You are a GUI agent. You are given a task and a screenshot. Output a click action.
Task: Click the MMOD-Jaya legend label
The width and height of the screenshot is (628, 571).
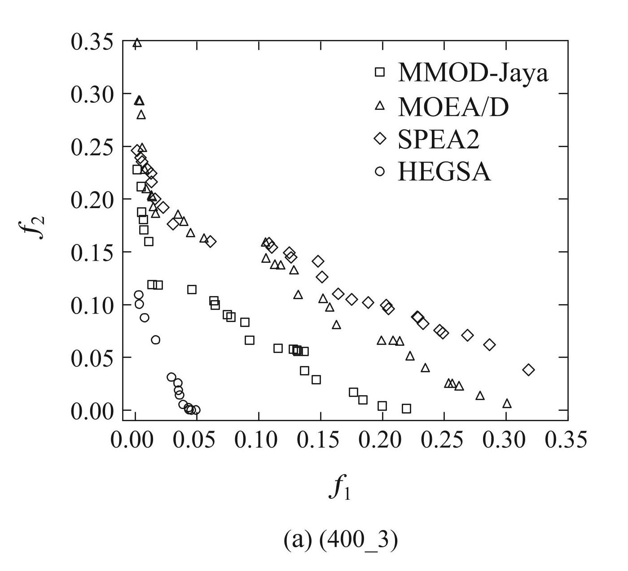[x=473, y=72]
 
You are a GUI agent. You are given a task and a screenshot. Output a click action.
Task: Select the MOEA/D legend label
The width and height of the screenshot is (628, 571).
[x=453, y=106]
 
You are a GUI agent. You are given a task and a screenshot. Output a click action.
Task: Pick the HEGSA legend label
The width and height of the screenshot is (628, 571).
[x=444, y=171]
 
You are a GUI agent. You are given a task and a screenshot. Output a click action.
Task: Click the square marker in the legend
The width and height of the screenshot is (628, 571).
[x=380, y=72]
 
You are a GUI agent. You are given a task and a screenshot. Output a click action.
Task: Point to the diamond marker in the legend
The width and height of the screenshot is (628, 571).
[x=380, y=139]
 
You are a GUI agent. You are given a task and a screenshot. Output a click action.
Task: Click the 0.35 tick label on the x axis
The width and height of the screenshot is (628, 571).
[x=567, y=440]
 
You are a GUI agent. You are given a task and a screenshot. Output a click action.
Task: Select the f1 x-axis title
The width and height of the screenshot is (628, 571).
[x=339, y=488]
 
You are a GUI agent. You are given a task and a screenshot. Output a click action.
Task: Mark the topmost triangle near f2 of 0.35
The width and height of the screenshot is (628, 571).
[x=137, y=43]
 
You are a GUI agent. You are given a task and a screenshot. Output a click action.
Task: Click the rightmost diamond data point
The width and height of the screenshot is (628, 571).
[x=529, y=370]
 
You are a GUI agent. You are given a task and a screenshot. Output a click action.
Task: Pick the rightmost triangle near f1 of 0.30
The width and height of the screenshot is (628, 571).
[x=507, y=404]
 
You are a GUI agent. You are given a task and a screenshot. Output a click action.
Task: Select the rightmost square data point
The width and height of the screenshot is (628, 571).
[x=407, y=409]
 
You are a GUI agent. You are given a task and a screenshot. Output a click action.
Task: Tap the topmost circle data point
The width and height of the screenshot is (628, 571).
[x=139, y=295]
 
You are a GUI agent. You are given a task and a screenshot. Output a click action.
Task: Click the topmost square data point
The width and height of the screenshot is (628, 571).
[x=137, y=170]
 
